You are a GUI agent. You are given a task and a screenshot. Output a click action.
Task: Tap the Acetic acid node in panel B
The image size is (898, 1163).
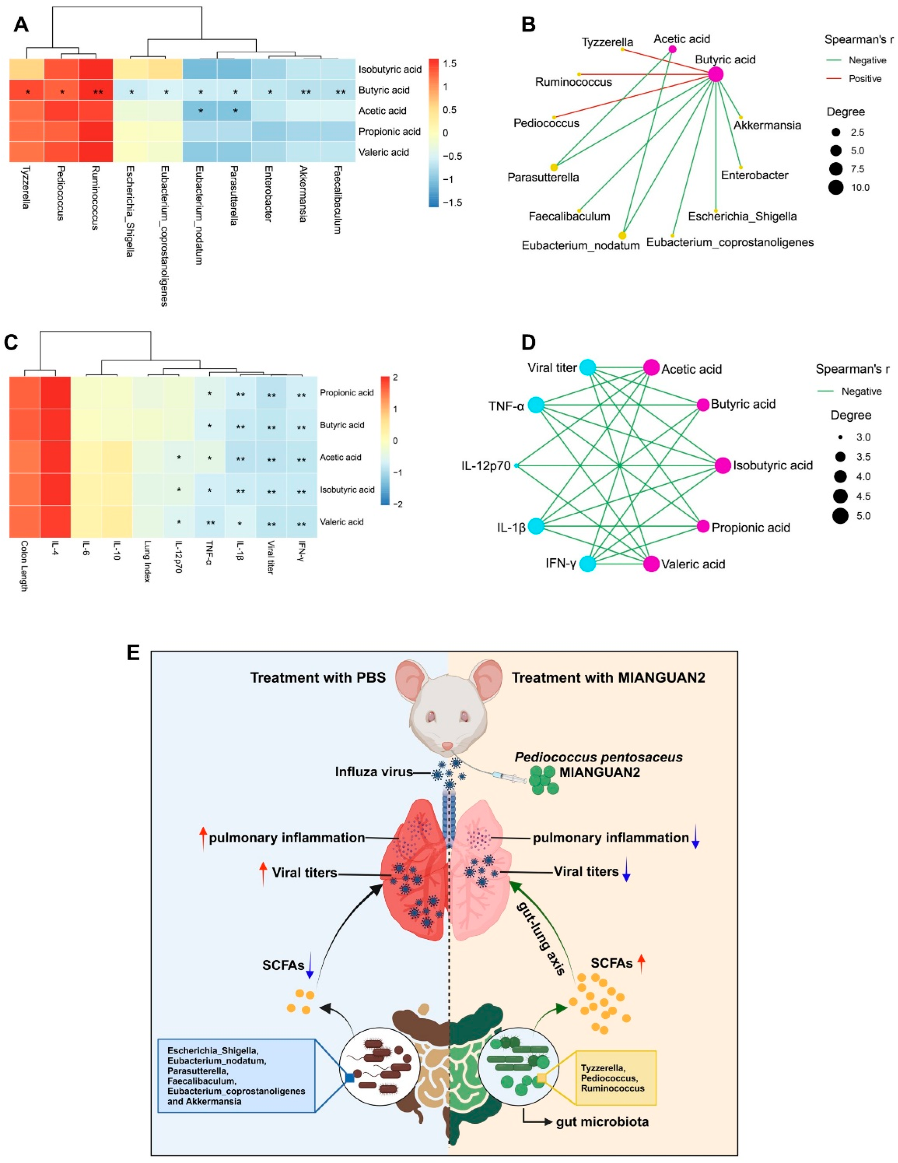click(x=672, y=49)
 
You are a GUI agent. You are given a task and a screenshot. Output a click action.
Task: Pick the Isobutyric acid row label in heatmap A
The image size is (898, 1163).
click(x=390, y=69)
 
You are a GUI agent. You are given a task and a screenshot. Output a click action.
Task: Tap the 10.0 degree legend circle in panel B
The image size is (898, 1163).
click(x=836, y=187)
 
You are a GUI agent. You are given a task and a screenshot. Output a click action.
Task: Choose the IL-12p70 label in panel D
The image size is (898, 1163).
click(x=486, y=466)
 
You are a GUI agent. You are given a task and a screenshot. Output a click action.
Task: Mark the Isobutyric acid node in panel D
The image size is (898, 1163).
click(x=723, y=465)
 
